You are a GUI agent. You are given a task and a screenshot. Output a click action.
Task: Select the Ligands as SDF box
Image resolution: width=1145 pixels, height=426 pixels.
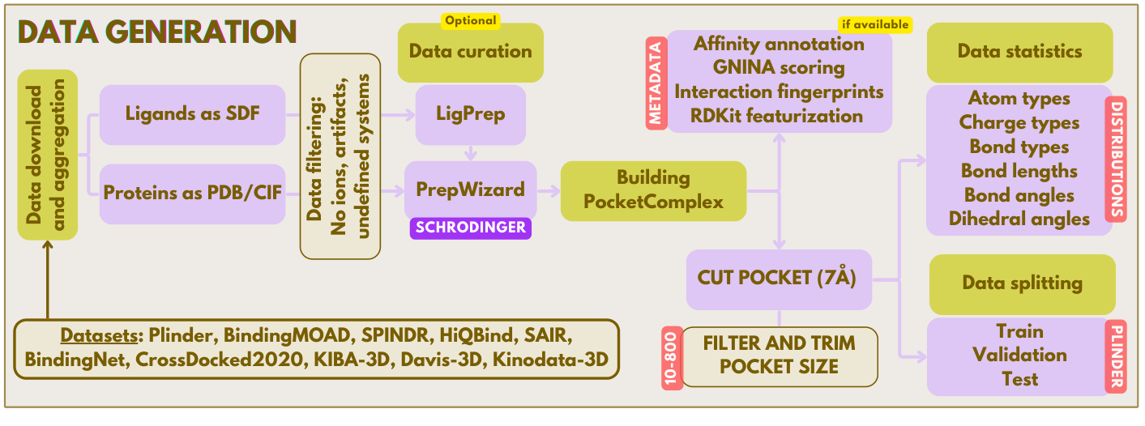(193, 113)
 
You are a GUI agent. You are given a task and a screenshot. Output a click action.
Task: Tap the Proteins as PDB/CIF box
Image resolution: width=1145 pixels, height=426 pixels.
(193, 194)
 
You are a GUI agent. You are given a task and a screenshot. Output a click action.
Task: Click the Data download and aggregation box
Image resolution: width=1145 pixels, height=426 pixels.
(47, 155)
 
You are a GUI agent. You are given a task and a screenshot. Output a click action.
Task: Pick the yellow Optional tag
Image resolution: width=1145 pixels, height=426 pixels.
(470, 20)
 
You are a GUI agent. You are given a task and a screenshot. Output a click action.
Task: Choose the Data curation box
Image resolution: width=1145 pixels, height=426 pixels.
(470, 52)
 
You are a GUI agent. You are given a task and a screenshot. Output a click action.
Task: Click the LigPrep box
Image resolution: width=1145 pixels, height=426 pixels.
(470, 114)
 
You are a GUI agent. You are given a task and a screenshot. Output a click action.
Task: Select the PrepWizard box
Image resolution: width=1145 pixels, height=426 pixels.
(470, 190)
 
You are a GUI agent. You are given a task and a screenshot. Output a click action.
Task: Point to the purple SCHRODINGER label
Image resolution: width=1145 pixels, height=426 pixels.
(471, 228)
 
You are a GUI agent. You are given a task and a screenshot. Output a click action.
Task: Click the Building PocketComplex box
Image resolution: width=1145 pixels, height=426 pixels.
(653, 190)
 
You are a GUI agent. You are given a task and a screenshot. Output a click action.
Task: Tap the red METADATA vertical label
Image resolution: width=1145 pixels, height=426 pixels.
(656, 82)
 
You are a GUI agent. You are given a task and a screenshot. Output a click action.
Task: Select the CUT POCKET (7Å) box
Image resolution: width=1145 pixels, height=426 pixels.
(779, 279)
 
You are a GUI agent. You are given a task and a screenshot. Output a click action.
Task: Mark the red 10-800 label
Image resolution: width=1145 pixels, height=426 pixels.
(672, 357)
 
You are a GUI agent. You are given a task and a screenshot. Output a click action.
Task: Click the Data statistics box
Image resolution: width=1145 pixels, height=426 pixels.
(1019, 52)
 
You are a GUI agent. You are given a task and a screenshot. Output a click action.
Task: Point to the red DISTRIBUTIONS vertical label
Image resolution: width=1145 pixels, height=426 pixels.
(1116, 159)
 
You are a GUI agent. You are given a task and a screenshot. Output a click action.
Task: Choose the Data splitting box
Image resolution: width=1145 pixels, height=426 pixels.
(1022, 283)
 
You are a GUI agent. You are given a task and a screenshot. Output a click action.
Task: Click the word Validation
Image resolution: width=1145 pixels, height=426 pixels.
(1019, 355)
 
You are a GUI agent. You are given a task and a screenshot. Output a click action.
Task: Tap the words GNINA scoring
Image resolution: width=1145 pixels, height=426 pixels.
(779, 67)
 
